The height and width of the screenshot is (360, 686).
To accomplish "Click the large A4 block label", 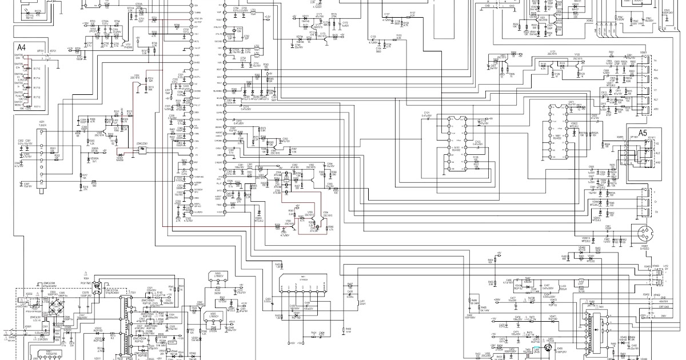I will click(21, 47).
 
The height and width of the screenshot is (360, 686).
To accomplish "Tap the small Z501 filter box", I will click(142, 151).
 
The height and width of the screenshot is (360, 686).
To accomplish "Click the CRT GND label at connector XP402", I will click(663, 307).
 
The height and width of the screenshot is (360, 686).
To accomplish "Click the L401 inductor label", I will click(361, 301).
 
